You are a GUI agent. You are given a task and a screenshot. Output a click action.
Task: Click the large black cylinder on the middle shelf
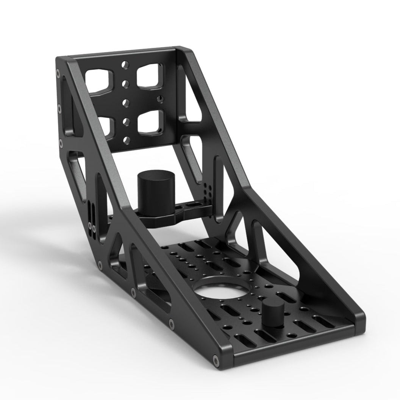coord(152,188)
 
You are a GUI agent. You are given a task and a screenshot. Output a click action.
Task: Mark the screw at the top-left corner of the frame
coord(57,72)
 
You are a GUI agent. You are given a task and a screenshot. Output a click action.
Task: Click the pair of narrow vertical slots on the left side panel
coord(91,214)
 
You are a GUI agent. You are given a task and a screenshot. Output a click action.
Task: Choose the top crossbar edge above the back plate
coord(125,52)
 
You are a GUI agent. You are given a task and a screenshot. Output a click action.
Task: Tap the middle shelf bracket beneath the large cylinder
coord(178,212)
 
